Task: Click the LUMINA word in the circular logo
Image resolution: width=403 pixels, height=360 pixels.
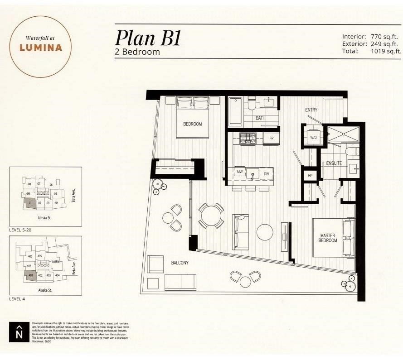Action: [x=41, y=48]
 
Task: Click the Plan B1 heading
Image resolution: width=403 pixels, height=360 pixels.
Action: [x=148, y=38]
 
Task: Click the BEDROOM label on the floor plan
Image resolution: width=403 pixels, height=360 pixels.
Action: [x=192, y=124]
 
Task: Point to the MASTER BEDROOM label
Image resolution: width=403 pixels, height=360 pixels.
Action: [x=328, y=238]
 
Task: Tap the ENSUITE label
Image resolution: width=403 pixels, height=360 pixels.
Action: [x=334, y=163]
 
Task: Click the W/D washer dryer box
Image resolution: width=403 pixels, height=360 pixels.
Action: [x=313, y=136]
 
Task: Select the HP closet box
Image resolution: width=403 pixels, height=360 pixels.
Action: [x=310, y=175]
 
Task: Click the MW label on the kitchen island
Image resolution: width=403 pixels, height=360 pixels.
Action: [x=239, y=173]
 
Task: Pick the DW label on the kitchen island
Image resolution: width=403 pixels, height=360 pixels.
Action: [x=267, y=173]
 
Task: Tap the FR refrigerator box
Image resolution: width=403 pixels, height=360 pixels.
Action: [x=271, y=138]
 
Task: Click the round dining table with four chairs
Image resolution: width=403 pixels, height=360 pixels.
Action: [x=211, y=215]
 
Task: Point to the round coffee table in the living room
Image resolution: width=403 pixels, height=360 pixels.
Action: [x=265, y=232]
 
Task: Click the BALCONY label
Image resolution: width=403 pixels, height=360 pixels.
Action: [x=180, y=263]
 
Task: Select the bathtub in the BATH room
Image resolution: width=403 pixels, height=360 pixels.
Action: [x=235, y=111]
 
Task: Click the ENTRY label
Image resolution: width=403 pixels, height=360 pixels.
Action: [x=311, y=110]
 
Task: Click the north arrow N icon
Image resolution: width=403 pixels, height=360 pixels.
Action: [x=19, y=332]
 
